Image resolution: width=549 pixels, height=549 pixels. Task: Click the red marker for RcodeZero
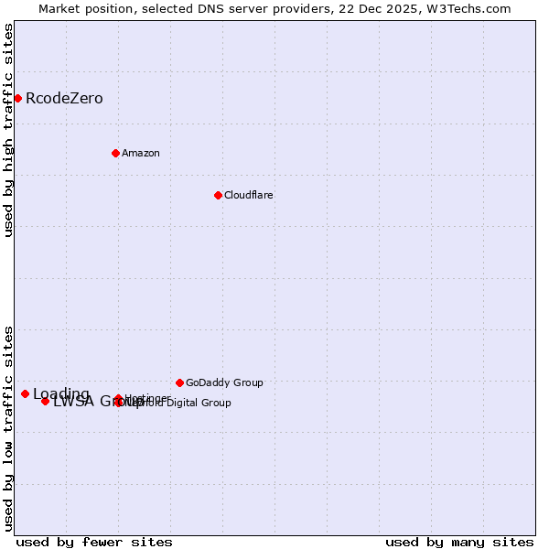point(17,98)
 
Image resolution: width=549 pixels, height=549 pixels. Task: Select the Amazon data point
point(115,153)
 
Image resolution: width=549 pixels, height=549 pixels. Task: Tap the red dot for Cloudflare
point(218,195)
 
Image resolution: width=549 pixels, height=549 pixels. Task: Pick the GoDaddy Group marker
point(179,382)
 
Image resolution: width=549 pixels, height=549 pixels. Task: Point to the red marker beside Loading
point(25,393)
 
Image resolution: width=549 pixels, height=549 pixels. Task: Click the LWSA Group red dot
point(45,401)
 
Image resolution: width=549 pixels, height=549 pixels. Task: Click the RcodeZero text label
point(64,98)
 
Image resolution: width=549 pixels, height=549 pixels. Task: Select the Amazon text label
point(140,153)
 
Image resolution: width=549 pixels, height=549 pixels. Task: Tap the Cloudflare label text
point(248,195)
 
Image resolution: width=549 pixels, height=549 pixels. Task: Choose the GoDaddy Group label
point(224,382)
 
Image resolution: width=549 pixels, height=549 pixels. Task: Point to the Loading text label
point(61,394)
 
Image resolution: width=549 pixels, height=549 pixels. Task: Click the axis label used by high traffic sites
point(8,130)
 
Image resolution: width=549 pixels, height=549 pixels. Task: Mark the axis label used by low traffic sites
point(8,427)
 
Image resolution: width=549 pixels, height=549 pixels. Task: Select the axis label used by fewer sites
point(94,542)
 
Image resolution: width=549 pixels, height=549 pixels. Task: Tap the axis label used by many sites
point(459,542)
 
